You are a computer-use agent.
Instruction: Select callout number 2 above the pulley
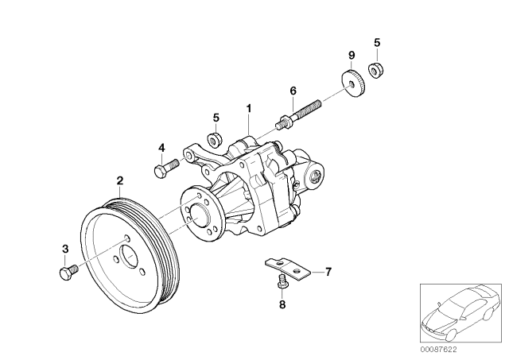coord(119,180)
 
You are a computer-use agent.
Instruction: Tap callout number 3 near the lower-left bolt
coord(64,250)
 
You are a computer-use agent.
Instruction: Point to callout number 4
coord(161,147)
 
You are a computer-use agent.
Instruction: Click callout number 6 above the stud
coord(293,91)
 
